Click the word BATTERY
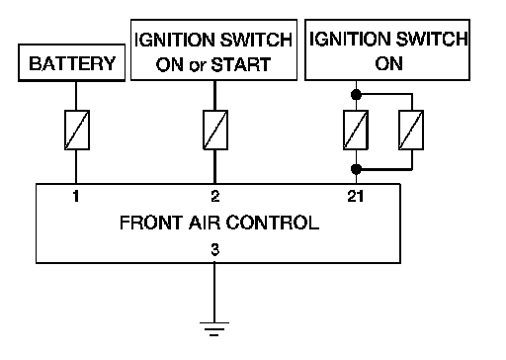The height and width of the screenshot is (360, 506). (x=72, y=63)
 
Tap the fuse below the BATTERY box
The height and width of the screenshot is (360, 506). (x=77, y=130)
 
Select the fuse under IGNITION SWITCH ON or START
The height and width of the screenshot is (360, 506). (x=215, y=130)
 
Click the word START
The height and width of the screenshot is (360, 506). (x=241, y=64)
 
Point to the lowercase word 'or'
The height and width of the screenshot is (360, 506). (x=198, y=66)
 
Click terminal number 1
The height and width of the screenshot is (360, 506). (x=76, y=196)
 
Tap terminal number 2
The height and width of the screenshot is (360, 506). (x=215, y=196)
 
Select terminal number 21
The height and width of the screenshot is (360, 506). (x=356, y=196)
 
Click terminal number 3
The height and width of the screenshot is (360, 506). (x=214, y=249)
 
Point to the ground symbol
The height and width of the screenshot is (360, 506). (x=214, y=329)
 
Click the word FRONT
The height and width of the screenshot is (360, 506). (x=151, y=223)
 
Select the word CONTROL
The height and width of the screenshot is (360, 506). (x=273, y=223)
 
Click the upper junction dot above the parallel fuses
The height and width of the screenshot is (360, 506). (x=356, y=95)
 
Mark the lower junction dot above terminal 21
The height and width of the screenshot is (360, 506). (x=356, y=169)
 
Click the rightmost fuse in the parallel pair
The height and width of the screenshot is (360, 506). (x=411, y=130)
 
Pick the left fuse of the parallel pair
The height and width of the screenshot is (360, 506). (x=356, y=130)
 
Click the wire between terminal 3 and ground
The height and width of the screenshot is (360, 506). (x=214, y=293)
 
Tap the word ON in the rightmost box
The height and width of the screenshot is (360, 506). (x=388, y=63)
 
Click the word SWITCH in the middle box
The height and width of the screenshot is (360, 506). (x=256, y=40)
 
